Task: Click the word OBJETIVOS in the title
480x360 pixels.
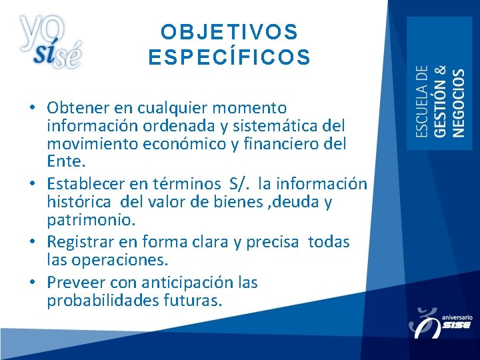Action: coord(229,32)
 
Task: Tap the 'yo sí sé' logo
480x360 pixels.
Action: coord(51,41)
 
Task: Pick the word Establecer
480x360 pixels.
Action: coord(87,183)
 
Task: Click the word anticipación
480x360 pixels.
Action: coord(177,283)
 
